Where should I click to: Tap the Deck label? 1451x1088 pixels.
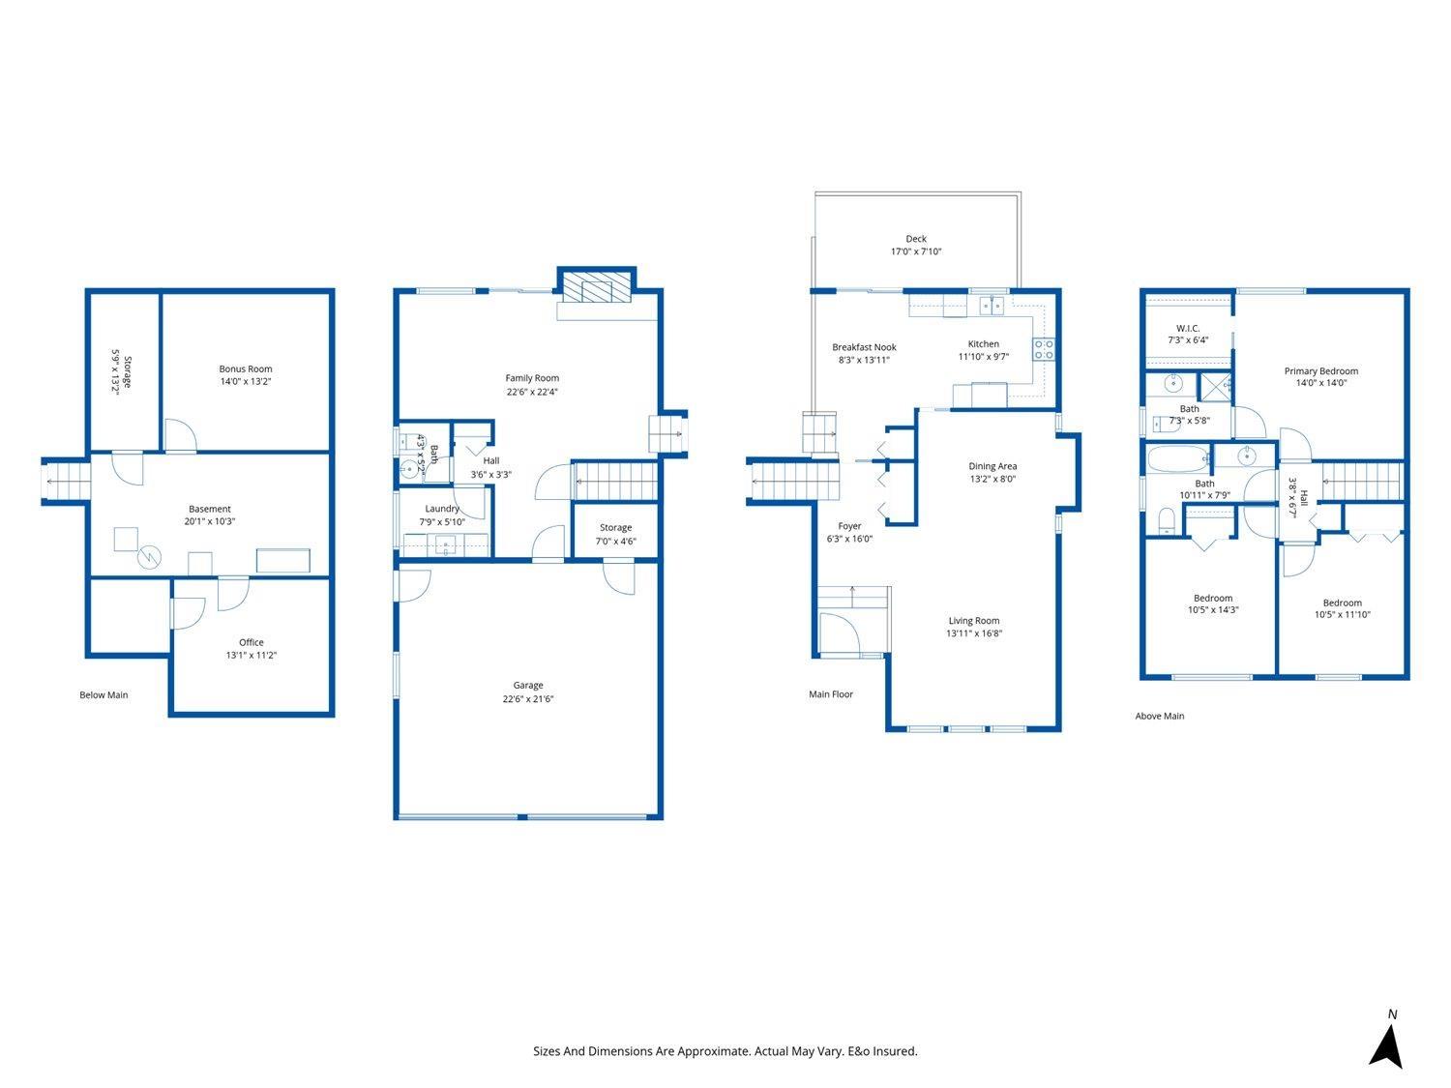click(x=915, y=239)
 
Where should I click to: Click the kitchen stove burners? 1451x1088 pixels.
click(x=1043, y=349)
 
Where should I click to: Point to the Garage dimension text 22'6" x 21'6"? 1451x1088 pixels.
click(x=528, y=698)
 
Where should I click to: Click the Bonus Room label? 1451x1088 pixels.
click(x=245, y=368)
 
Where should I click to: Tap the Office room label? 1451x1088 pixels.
click(x=252, y=642)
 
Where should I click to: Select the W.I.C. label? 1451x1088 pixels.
click(x=1187, y=328)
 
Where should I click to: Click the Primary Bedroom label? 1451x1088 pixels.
click(x=1320, y=370)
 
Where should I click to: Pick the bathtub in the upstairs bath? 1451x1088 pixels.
click(x=1177, y=457)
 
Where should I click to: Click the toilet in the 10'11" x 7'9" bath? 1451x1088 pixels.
click(x=1166, y=523)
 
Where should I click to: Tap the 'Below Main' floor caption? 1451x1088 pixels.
click(x=104, y=694)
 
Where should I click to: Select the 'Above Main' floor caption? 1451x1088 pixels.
click(x=1159, y=716)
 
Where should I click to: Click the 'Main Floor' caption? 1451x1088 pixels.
click(x=831, y=693)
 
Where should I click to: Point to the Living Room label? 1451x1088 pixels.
click(x=973, y=621)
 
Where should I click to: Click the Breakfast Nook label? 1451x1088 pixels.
click(x=864, y=347)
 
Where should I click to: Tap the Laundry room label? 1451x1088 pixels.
click(x=442, y=509)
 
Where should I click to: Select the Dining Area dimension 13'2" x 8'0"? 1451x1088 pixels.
click(x=992, y=479)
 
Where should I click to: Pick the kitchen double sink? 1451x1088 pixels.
click(x=991, y=306)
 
